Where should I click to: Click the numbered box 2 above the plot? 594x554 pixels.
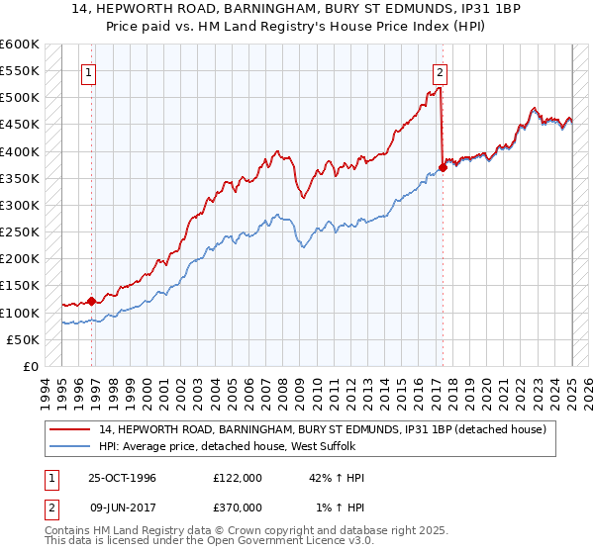tap(440, 71)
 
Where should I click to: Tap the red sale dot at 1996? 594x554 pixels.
tap(91, 301)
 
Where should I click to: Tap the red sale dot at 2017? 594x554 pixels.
tap(443, 167)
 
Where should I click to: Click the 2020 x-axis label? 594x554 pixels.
tap(487, 391)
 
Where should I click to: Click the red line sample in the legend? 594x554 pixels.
tap(69, 428)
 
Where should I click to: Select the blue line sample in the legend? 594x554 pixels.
tap(69, 445)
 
